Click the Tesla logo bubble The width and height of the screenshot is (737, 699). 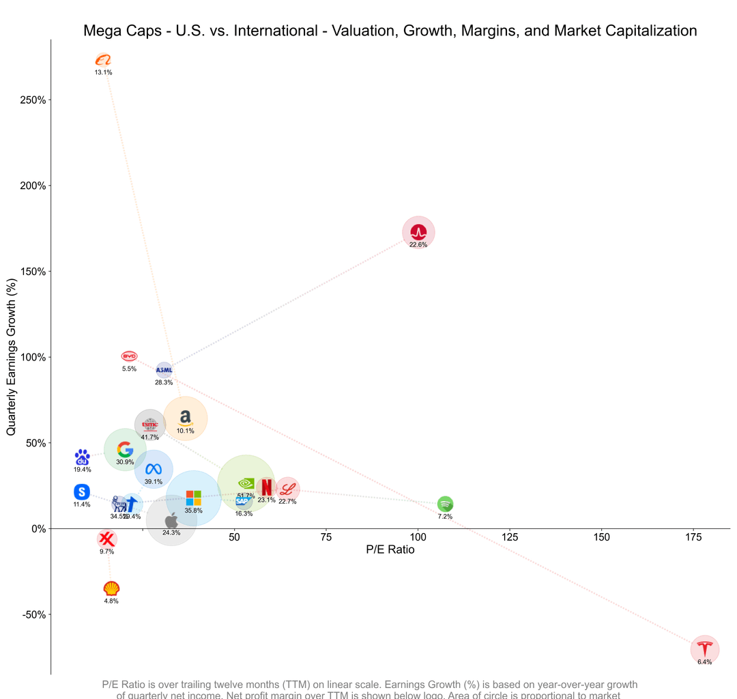click(x=704, y=648)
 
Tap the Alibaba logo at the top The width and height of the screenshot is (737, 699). click(x=103, y=60)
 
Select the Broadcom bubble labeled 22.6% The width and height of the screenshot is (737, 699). click(x=418, y=232)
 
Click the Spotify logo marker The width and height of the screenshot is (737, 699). click(x=445, y=504)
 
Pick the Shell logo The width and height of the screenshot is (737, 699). click(x=111, y=588)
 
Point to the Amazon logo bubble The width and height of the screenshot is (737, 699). click(x=185, y=418)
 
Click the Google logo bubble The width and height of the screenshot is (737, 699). click(x=125, y=449)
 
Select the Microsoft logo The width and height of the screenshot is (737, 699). click(x=194, y=498)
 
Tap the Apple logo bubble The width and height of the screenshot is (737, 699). click(x=171, y=520)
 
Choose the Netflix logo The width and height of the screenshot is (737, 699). click(x=266, y=487)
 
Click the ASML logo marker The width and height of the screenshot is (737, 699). click(x=164, y=371)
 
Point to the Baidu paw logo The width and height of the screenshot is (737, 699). click(x=82, y=457)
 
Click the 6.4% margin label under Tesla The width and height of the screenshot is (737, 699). click(x=704, y=662)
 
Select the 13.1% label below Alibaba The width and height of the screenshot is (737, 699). click(x=103, y=72)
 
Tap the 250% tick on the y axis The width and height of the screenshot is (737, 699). click(x=33, y=100)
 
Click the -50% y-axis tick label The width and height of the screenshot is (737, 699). click(x=33, y=614)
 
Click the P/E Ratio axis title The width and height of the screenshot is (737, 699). click(x=390, y=550)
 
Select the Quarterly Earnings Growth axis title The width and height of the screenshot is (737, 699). click(x=12, y=356)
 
